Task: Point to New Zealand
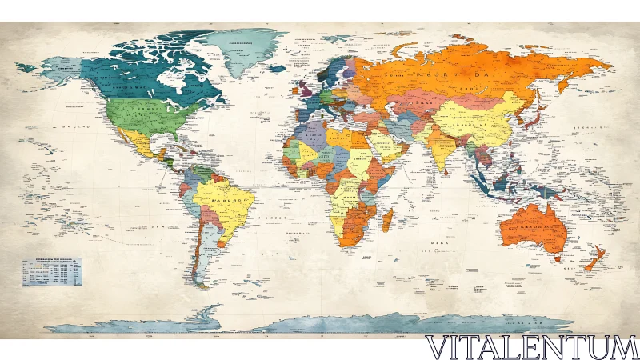point(594,260)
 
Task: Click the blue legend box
point(53,272)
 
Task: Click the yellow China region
point(480,120)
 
